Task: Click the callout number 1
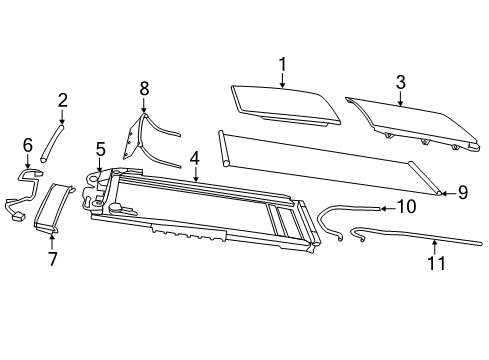(283, 65)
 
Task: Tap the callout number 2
(62, 100)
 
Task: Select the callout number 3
(400, 82)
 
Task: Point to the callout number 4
(196, 157)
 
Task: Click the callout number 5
(101, 150)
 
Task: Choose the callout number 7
(52, 260)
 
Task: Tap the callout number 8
(144, 89)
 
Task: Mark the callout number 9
(462, 191)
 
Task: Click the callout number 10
(406, 207)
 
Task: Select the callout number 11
(434, 265)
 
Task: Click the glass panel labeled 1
(284, 103)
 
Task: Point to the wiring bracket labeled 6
(24, 190)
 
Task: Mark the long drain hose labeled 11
(420, 237)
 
